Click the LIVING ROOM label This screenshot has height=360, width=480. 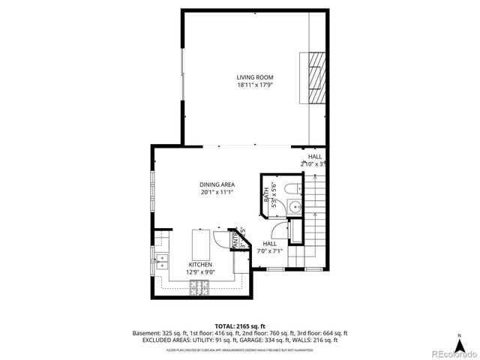point(255,77)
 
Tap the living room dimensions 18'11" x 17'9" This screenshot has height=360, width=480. point(255,85)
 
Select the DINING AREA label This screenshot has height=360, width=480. point(217,184)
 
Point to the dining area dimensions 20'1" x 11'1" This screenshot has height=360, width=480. point(217,192)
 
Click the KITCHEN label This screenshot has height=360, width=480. point(199,265)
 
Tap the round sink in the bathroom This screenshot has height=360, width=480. point(295,207)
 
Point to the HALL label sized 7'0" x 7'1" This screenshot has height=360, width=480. point(269,244)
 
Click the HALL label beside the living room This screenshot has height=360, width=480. point(314,156)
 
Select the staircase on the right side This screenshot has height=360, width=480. point(314,217)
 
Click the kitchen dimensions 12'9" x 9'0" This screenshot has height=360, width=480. point(199,272)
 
